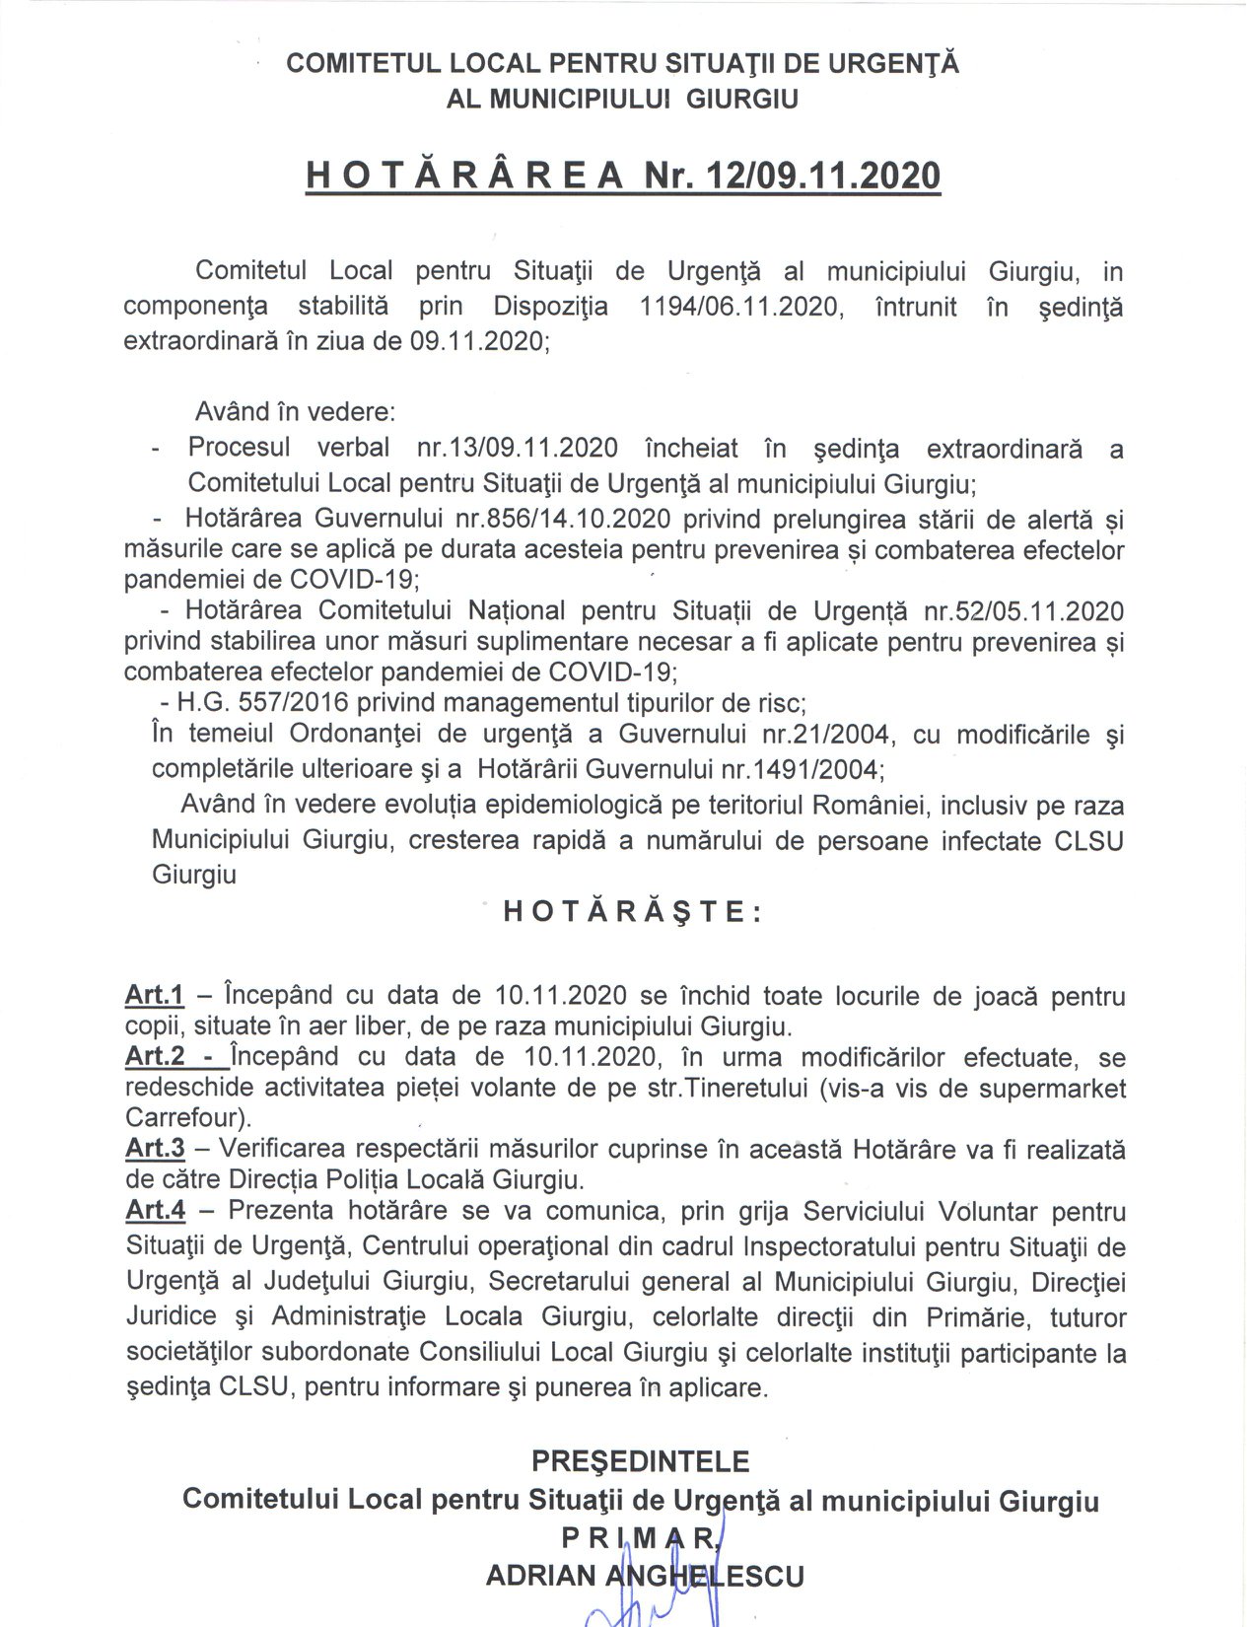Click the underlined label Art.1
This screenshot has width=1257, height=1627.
click(x=155, y=996)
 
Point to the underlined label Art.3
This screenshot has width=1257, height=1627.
click(x=155, y=1149)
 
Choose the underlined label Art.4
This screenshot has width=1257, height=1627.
click(x=156, y=1210)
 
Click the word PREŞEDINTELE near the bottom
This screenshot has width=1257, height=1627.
click(x=641, y=1460)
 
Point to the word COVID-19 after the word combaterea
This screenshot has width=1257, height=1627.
click(x=612, y=672)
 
